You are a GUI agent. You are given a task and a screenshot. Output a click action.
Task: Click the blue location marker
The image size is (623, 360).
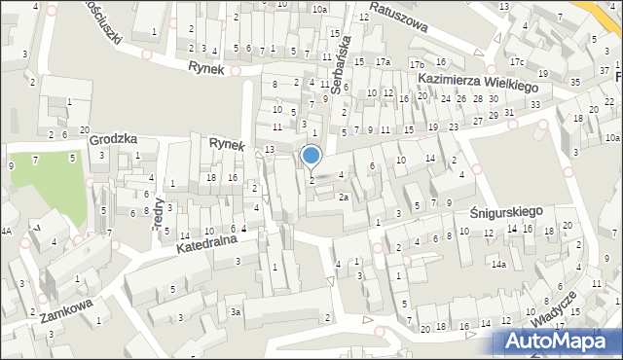pyautogui.click(x=311, y=155)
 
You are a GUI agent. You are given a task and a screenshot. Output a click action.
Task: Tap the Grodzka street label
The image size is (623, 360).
pyautogui.click(x=110, y=139)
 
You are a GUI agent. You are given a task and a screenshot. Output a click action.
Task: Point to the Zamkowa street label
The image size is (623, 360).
pyautogui.click(x=67, y=316)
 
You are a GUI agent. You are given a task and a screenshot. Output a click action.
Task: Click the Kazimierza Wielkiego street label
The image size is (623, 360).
pyautogui.click(x=478, y=85)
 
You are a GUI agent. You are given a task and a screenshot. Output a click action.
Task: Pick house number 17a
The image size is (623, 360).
pyautogui.click(x=384, y=63)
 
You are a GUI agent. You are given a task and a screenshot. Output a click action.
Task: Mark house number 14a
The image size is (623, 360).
pyautogui.click(x=499, y=264)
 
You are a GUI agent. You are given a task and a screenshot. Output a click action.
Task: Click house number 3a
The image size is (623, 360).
pyautogui.click(x=236, y=311)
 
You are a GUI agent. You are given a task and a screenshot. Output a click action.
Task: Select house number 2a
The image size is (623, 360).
pyautogui.click(x=344, y=197)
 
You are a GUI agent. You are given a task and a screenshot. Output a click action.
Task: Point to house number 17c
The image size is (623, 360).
pyautogui.click(x=516, y=63)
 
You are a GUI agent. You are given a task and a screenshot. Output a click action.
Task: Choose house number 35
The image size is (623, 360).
pyautogui.click(x=575, y=83)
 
